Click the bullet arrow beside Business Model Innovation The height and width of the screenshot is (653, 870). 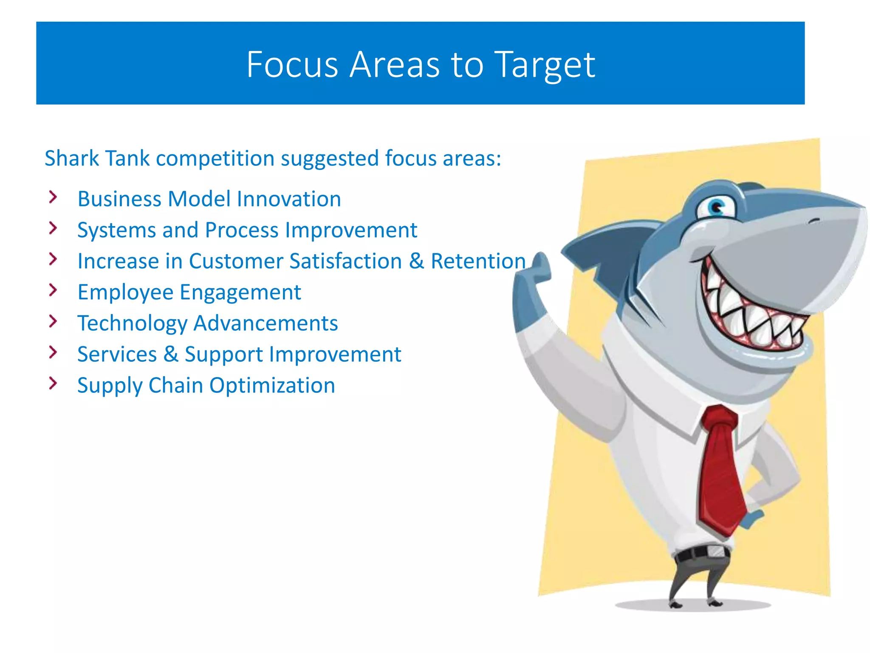click(x=53, y=197)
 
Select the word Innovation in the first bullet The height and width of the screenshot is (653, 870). click(x=288, y=199)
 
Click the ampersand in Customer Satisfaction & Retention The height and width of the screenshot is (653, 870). click(x=416, y=261)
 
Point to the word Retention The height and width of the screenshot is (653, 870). click(x=478, y=261)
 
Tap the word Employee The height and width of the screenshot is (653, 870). click(x=125, y=292)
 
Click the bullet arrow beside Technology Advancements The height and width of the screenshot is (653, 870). click(x=53, y=321)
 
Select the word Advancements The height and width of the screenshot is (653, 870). click(x=266, y=323)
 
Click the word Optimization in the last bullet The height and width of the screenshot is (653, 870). click(x=272, y=386)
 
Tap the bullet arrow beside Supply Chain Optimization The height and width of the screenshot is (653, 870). click(x=53, y=383)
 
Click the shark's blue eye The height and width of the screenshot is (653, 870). click(x=717, y=207)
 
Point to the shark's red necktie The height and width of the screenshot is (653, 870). click(x=720, y=468)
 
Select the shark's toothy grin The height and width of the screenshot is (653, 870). click(x=752, y=315)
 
